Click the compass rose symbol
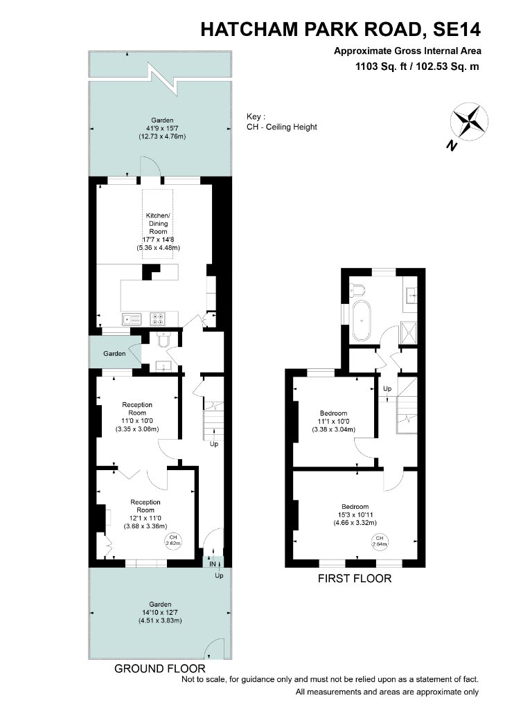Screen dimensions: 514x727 [469, 122]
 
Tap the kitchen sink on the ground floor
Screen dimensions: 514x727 [132, 319]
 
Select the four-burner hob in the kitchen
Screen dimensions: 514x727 [157, 319]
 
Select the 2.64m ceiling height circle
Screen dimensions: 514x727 [380, 541]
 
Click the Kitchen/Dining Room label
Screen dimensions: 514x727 [158, 224]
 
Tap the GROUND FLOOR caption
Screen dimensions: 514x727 [159, 669]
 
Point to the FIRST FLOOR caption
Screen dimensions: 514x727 [355, 578]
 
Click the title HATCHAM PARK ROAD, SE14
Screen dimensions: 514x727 [341, 29]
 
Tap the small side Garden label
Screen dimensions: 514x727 [114, 353]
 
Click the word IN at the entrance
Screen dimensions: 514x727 [213, 564]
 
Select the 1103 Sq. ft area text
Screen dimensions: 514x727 [380, 66]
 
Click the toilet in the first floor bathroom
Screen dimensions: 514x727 [357, 290]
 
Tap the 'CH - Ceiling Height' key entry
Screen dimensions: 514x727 [281, 127]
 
